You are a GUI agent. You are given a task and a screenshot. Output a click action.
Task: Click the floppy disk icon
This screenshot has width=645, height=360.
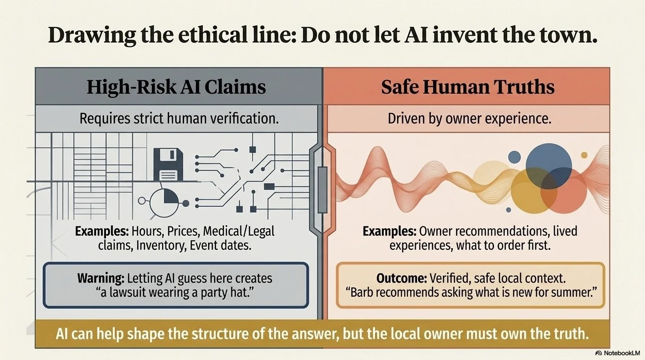(x=168, y=165)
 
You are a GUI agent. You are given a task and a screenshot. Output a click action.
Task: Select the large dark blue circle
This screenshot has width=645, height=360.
(x=548, y=166)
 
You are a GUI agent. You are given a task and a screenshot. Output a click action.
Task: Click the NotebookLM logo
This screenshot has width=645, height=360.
(x=618, y=353)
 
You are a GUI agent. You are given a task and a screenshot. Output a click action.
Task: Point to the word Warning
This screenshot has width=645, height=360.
(x=101, y=278)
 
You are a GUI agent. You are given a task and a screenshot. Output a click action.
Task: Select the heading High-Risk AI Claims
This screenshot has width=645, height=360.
(x=176, y=87)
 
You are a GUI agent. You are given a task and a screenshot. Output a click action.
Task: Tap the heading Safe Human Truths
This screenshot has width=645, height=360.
(x=468, y=87)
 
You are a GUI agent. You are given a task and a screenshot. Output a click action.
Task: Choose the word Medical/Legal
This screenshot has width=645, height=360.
(x=239, y=231)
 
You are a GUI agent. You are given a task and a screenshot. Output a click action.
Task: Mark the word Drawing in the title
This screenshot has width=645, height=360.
(x=92, y=36)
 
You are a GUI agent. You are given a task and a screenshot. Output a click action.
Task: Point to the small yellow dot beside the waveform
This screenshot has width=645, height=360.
(x=584, y=155)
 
